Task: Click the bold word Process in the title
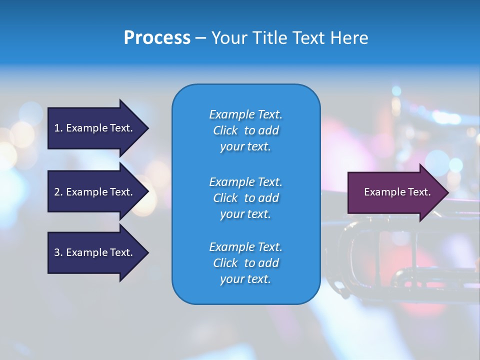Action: (x=157, y=38)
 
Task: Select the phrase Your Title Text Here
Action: (x=289, y=38)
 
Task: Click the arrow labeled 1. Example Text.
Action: (x=93, y=128)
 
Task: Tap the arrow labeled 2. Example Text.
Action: (x=93, y=192)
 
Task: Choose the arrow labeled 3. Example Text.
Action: (x=93, y=252)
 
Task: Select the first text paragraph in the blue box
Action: (x=245, y=130)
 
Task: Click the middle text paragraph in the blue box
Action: (x=245, y=198)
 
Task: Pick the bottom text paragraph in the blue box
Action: (x=245, y=263)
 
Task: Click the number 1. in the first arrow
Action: (x=58, y=128)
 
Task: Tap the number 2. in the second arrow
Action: (x=58, y=192)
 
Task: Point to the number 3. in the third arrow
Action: (x=58, y=252)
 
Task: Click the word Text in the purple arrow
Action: (x=419, y=192)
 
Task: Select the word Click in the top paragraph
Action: (x=225, y=130)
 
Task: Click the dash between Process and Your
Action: (x=200, y=38)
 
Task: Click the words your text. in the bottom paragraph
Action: (x=245, y=279)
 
